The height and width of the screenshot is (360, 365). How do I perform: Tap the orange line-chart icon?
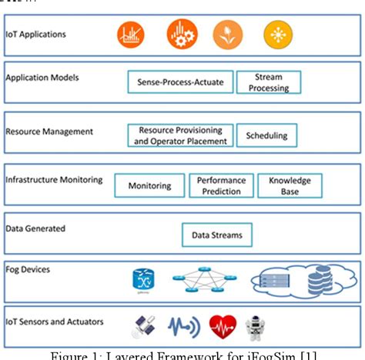(131, 34)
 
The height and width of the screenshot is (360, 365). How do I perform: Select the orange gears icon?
(182, 34)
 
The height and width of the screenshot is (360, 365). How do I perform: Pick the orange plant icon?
(228, 34)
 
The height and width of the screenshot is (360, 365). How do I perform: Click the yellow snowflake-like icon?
(278, 34)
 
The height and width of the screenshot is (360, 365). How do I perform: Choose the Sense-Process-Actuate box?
(179, 82)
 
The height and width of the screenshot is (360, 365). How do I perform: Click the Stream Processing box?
(268, 82)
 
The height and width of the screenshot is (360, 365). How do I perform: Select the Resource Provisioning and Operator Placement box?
(180, 135)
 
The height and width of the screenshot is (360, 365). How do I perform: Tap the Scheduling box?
(266, 135)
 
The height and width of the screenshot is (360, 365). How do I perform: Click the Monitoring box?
(149, 185)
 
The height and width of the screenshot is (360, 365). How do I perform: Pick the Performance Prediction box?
(221, 185)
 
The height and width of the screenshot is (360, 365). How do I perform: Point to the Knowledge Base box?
(290, 185)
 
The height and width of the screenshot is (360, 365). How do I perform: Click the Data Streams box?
(216, 235)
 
